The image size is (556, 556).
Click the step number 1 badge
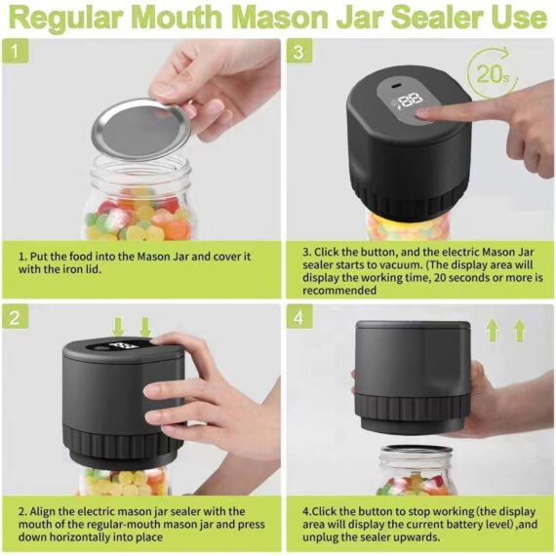coord(17,51)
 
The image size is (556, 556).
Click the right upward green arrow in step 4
coord(519,331)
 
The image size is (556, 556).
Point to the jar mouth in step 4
coord(417,453)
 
